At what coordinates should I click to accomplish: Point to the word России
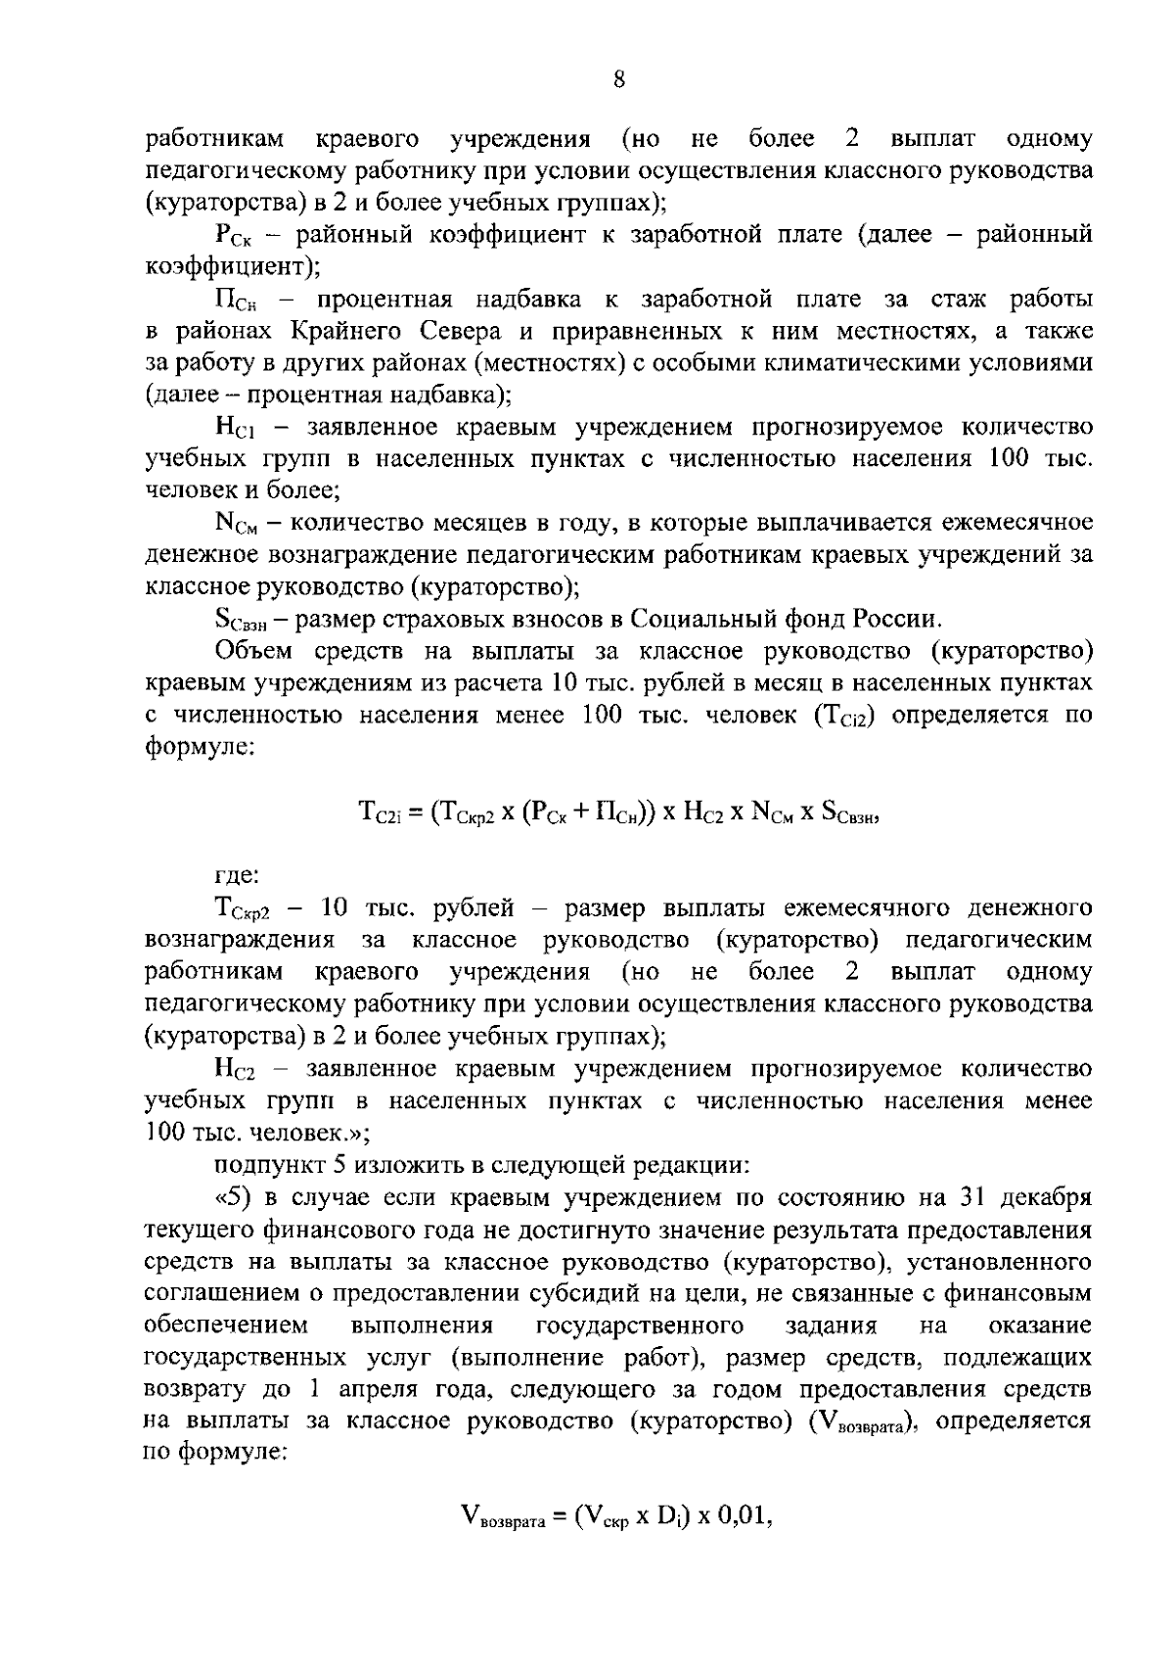coord(896,620)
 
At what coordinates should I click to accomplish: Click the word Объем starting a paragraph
coord(253,652)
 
